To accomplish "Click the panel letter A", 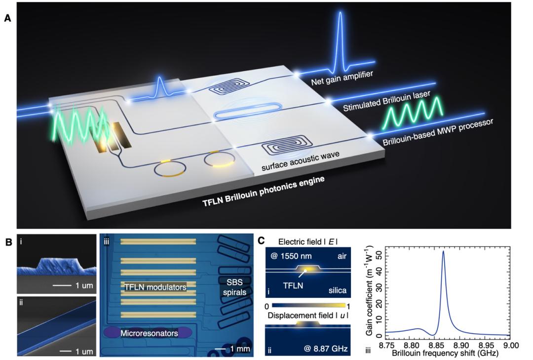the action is point(7,18).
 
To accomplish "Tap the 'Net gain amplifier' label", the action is point(342,78).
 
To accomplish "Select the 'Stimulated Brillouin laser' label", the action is point(386,101).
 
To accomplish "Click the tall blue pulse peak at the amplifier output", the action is point(340,14).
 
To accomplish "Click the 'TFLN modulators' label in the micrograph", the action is point(155,287).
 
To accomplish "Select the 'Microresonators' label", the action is point(149,333).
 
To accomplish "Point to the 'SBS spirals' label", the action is point(234,286).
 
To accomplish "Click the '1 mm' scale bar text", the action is point(240,349).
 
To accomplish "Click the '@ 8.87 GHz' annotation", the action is point(326,349).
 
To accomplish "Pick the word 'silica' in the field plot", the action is point(337,290).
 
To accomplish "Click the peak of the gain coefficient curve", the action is point(443,251).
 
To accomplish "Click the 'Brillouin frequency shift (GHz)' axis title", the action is point(445,353).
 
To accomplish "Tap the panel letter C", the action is point(262,241).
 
